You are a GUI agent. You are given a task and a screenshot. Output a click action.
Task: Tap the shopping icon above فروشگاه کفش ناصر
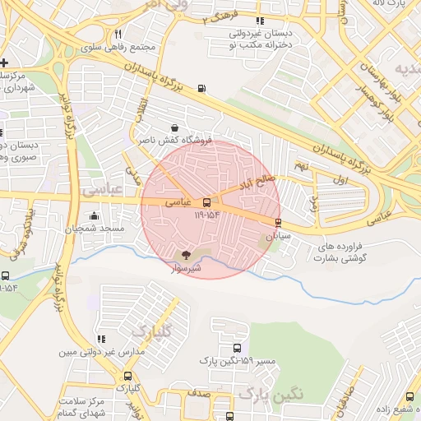click(174, 128)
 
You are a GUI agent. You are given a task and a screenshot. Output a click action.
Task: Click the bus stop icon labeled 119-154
click(206, 202)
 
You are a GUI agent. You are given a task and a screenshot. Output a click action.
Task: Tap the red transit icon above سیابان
click(277, 223)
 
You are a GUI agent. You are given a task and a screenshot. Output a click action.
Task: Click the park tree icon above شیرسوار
click(185, 255)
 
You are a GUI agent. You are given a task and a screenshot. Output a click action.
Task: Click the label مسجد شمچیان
click(95, 228)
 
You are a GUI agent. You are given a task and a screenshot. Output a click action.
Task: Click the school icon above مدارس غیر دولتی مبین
click(101, 339)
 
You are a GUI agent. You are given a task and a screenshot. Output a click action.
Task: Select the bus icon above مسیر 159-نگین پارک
click(238, 349)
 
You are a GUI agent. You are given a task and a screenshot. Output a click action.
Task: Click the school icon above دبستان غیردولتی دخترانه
click(261, 21)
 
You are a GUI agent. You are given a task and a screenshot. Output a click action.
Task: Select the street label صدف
click(198, 394)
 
